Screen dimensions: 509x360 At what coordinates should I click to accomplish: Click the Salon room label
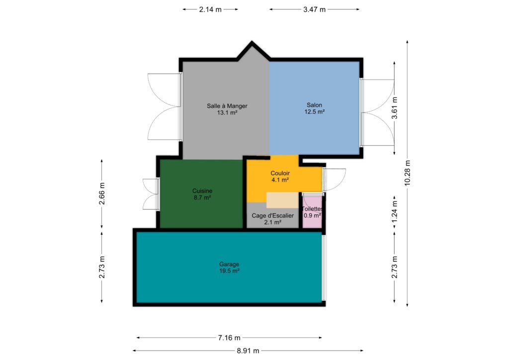(x=314, y=105)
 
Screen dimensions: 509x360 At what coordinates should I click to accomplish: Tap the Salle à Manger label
(x=227, y=106)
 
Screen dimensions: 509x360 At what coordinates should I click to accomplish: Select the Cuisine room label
(x=202, y=191)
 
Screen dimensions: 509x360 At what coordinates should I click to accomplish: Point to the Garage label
(x=229, y=264)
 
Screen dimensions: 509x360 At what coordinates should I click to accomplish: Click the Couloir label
(x=280, y=173)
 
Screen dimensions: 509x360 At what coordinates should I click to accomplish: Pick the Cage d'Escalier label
(x=273, y=215)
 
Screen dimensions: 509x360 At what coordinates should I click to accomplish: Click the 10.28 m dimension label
(x=408, y=173)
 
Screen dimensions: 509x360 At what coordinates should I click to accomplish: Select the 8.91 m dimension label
(x=248, y=351)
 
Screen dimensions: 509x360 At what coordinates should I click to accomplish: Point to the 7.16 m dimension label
(x=229, y=338)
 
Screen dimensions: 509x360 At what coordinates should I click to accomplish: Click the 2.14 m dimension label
(x=210, y=9)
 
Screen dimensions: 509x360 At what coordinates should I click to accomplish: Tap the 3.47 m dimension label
(x=314, y=9)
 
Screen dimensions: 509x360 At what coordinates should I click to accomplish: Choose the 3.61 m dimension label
(x=394, y=108)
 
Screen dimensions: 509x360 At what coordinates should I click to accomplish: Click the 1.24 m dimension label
(x=394, y=212)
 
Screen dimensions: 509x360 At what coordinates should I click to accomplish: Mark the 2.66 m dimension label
(x=101, y=194)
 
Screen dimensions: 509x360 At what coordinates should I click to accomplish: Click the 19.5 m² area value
(x=229, y=270)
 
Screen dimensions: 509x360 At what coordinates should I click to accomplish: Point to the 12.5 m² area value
(x=314, y=112)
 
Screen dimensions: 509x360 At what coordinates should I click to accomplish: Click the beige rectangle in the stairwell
(x=282, y=200)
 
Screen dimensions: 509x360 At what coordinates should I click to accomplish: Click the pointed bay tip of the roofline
(x=252, y=41)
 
